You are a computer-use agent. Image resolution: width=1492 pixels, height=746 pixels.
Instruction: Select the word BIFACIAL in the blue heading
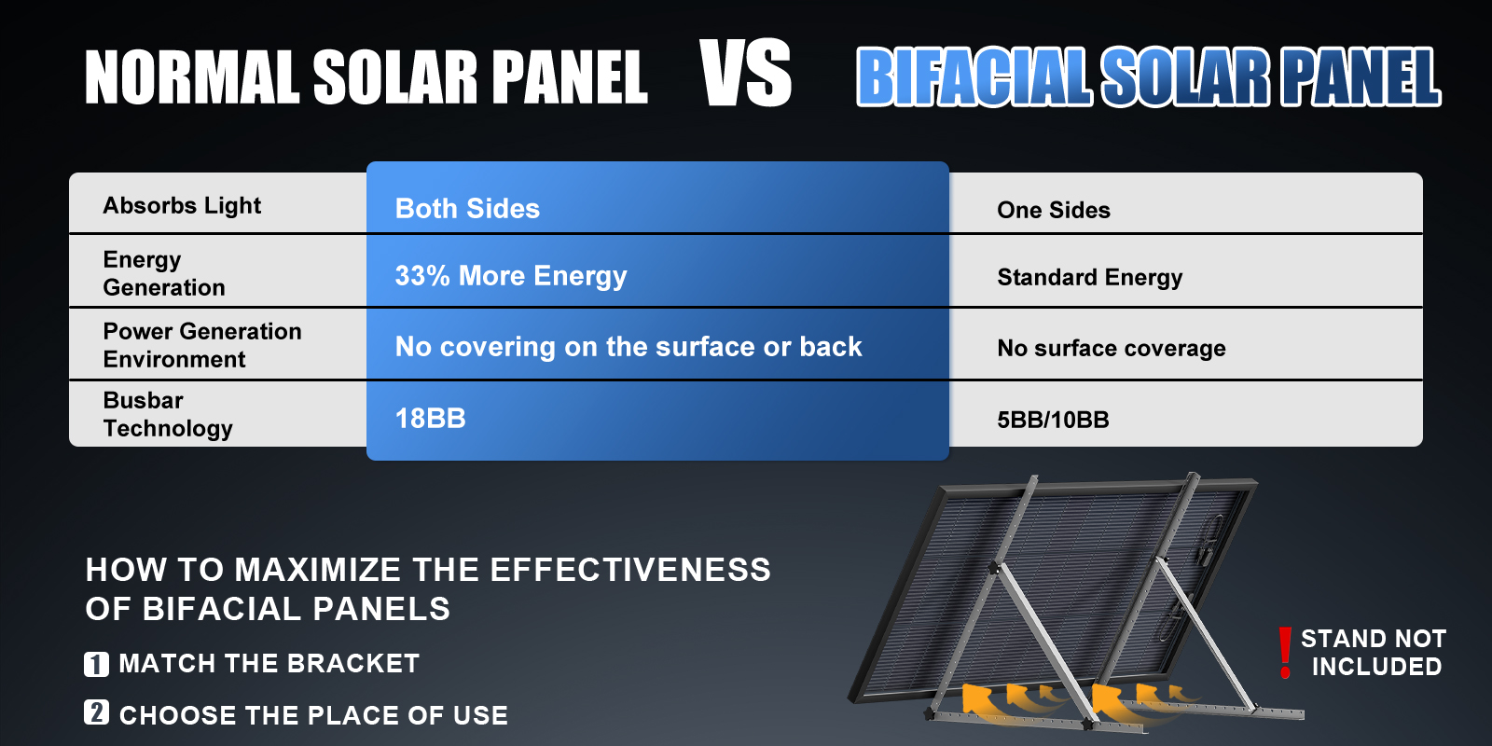(x=974, y=76)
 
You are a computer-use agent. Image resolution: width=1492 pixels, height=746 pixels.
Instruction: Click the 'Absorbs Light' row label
(x=182, y=205)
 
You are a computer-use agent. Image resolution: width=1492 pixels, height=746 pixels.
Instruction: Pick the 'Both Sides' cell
(x=467, y=209)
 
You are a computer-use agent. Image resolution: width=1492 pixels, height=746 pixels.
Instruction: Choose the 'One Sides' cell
(x=1053, y=210)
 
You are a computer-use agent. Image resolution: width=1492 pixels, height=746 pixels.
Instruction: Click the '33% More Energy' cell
(x=511, y=276)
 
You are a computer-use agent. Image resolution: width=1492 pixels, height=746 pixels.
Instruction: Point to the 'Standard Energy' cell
(x=1090, y=277)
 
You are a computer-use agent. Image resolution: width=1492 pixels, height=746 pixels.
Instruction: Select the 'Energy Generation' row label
(x=164, y=273)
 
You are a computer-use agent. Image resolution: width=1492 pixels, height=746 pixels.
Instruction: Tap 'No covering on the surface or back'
(x=629, y=346)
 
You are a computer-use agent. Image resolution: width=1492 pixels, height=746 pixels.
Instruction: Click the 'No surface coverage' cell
(x=1111, y=348)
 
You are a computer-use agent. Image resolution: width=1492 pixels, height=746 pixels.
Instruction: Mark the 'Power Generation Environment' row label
(x=201, y=345)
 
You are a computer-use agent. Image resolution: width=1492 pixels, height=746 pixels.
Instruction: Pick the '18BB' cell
(x=430, y=419)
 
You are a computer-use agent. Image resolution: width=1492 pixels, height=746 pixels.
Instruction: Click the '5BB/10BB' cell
(x=1053, y=420)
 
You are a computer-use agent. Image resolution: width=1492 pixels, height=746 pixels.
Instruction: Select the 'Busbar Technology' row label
(x=168, y=414)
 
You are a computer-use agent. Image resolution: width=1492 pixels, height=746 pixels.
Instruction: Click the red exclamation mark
(x=1286, y=653)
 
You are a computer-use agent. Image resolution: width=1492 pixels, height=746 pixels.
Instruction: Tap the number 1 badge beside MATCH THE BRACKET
(x=97, y=664)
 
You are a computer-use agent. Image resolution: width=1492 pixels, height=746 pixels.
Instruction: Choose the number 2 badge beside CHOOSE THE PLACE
(x=97, y=712)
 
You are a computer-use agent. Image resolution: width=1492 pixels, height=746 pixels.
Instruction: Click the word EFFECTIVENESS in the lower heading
(x=630, y=570)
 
